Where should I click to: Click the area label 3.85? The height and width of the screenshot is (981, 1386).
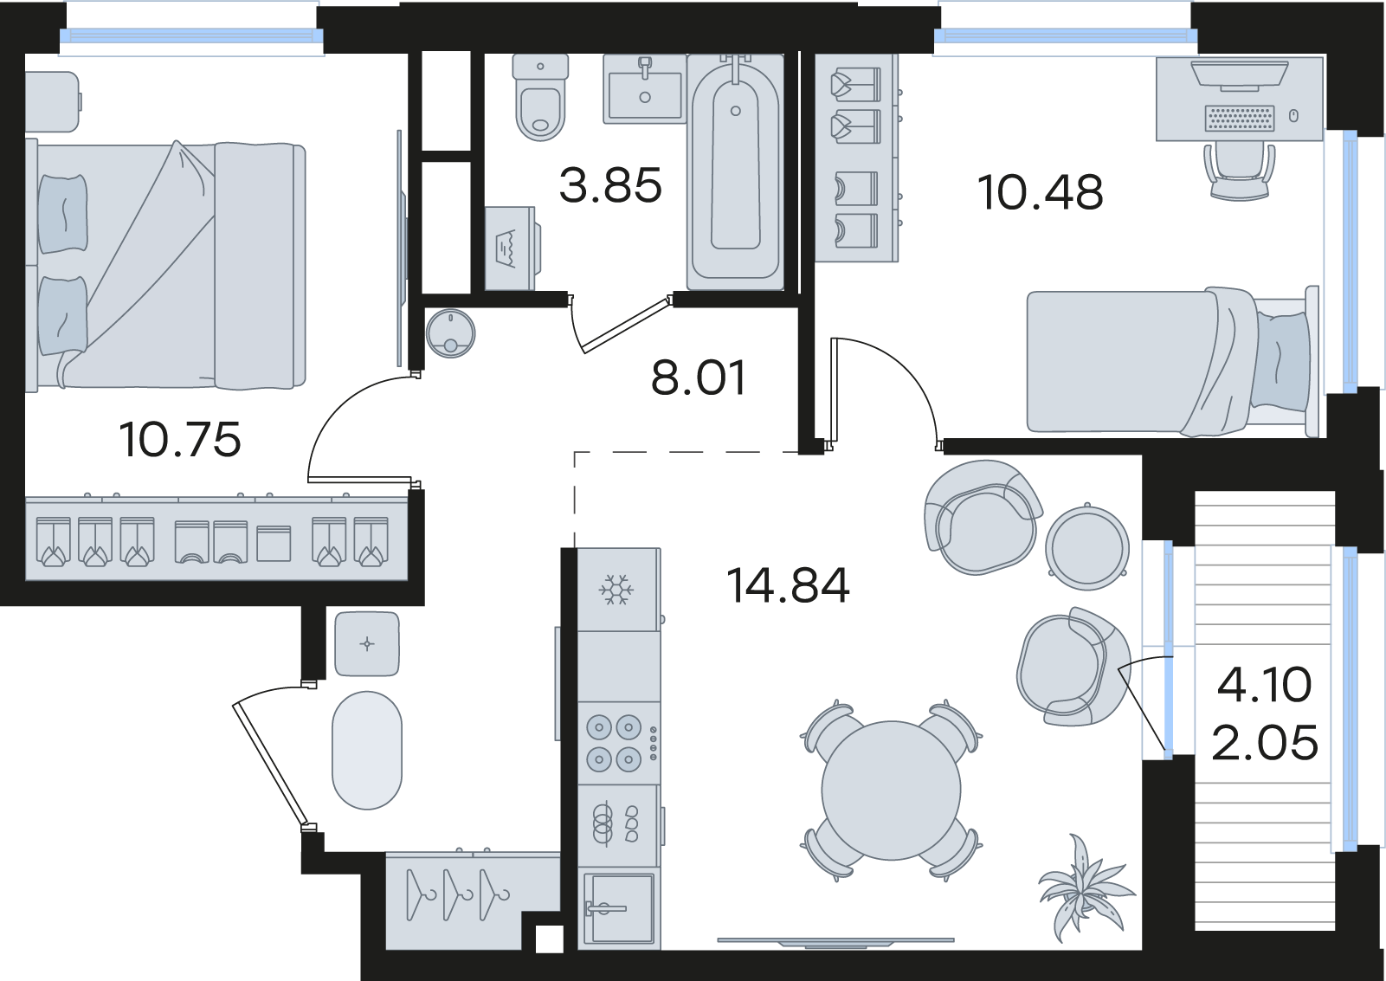click(x=610, y=185)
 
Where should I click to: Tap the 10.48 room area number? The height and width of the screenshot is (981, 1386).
click(x=1041, y=192)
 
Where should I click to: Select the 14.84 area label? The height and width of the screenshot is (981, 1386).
click(x=788, y=585)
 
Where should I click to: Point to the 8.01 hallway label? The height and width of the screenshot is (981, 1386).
click(x=699, y=377)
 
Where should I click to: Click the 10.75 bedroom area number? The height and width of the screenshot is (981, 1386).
click(x=180, y=440)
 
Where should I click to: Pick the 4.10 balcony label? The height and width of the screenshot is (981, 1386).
click(x=1264, y=685)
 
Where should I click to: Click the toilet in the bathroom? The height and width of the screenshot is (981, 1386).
click(x=540, y=97)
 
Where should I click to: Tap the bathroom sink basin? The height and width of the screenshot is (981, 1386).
click(x=645, y=89)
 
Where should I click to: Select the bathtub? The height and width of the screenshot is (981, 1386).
click(x=735, y=172)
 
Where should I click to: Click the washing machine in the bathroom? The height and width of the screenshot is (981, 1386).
click(x=512, y=248)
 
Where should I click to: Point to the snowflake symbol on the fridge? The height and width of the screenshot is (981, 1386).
click(x=616, y=590)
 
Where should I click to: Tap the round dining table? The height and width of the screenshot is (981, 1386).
click(x=891, y=791)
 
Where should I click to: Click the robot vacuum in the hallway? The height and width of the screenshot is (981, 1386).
click(x=450, y=333)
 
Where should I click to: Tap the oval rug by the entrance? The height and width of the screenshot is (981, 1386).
click(x=367, y=750)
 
